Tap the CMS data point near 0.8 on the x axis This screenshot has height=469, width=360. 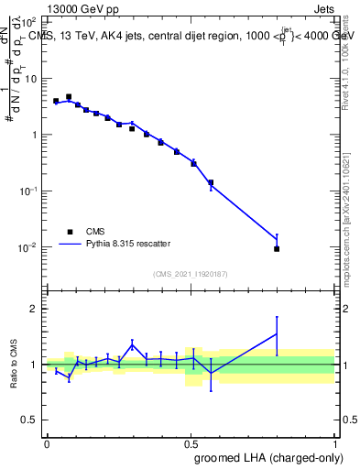(x=277, y=248)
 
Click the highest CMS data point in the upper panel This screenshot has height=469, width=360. (x=69, y=96)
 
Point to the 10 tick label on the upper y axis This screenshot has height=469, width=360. (x=30, y=79)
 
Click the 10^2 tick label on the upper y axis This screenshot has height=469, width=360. (x=27, y=22)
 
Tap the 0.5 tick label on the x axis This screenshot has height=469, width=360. (x=191, y=443)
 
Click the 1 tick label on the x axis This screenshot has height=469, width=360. (x=333, y=443)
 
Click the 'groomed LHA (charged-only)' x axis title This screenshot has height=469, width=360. (x=272, y=457)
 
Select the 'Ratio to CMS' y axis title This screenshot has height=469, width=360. (x=14, y=365)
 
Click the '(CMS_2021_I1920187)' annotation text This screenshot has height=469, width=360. (x=191, y=274)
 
